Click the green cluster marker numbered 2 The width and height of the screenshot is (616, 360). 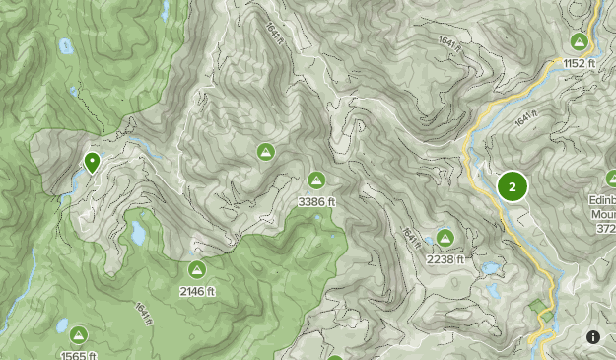(513, 186)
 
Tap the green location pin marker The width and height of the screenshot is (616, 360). (92, 162)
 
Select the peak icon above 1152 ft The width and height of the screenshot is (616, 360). (580, 42)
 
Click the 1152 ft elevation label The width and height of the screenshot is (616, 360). (580, 63)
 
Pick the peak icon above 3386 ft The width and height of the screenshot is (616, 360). (316, 180)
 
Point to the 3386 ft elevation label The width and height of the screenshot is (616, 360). (316, 201)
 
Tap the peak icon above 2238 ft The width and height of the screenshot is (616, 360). (445, 238)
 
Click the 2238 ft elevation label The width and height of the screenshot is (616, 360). (445, 258)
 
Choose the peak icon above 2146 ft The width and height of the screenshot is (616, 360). (196, 269)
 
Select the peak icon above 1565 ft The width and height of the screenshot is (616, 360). (77, 335)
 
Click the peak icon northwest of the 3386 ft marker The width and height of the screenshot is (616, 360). (265, 152)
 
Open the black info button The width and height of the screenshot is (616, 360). (593, 337)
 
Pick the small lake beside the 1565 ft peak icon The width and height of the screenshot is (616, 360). (61, 325)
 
